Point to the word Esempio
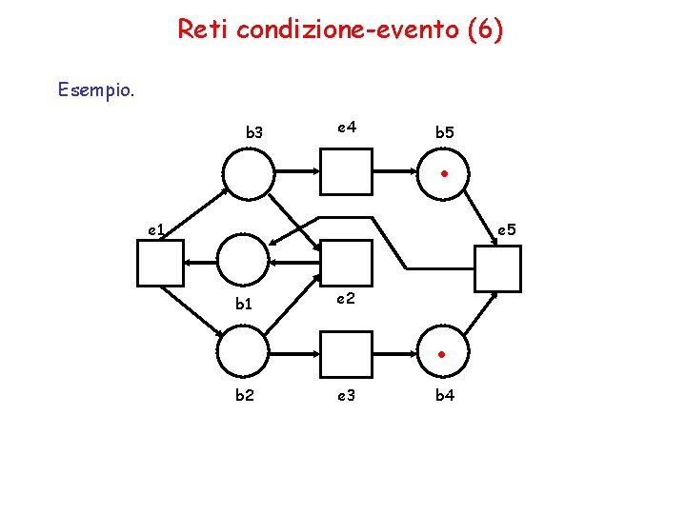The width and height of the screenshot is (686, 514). pyautogui.click(x=96, y=90)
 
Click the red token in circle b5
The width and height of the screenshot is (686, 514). pyautogui.click(x=444, y=174)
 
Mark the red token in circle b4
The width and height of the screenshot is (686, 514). pyautogui.click(x=444, y=354)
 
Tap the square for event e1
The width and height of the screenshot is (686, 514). pyautogui.click(x=160, y=264)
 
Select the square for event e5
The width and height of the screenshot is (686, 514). pyautogui.click(x=497, y=267)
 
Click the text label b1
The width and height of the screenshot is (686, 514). pyautogui.click(x=245, y=306)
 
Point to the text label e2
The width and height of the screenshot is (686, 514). pyautogui.click(x=346, y=299)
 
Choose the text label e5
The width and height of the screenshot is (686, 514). pyautogui.click(x=505, y=229)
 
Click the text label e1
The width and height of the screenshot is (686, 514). pyautogui.click(x=156, y=229)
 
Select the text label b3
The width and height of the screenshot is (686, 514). pyautogui.click(x=254, y=133)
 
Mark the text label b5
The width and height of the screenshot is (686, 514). pyautogui.click(x=445, y=133)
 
